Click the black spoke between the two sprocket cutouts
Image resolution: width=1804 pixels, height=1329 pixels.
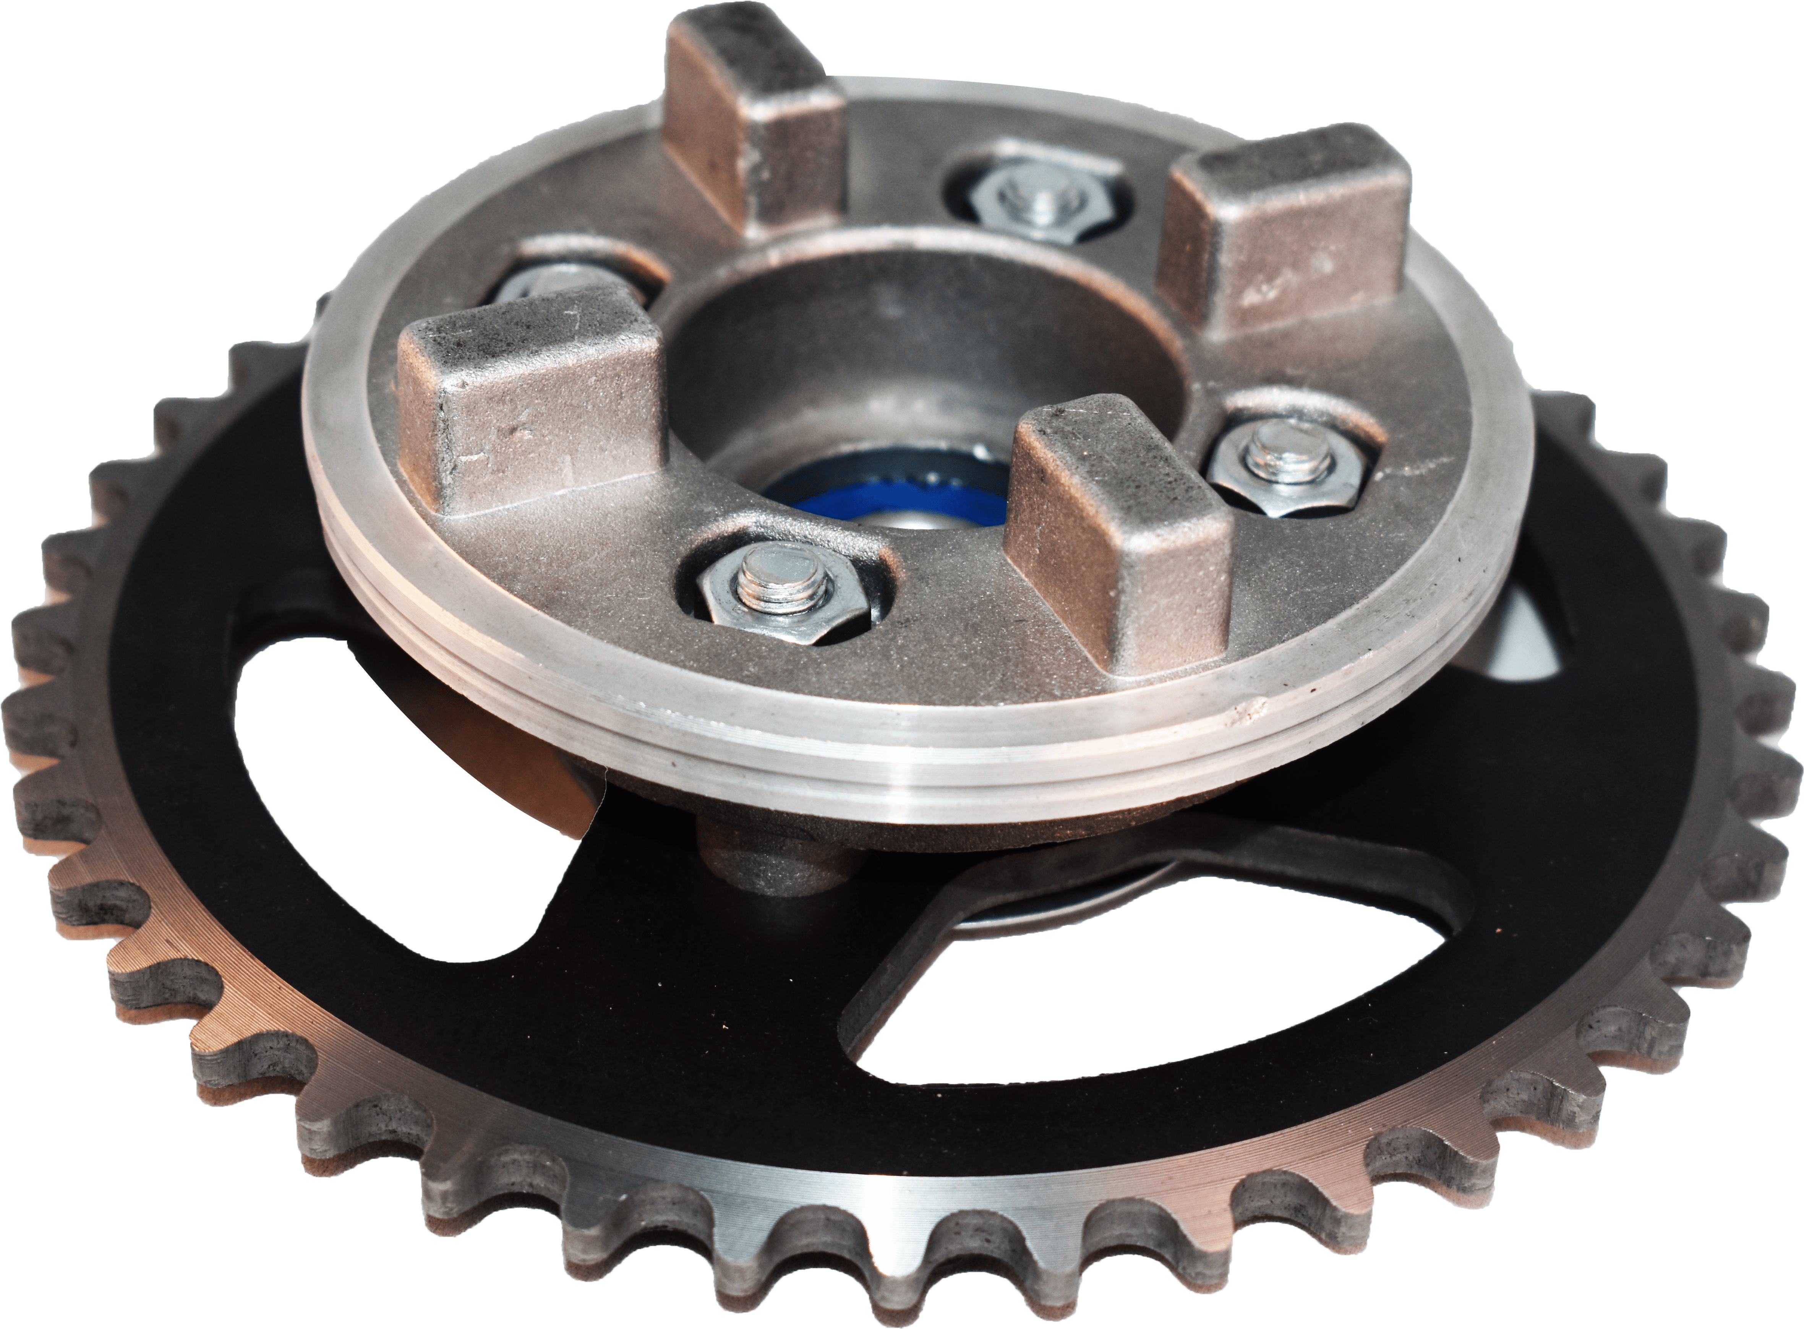pos(724,1006)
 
